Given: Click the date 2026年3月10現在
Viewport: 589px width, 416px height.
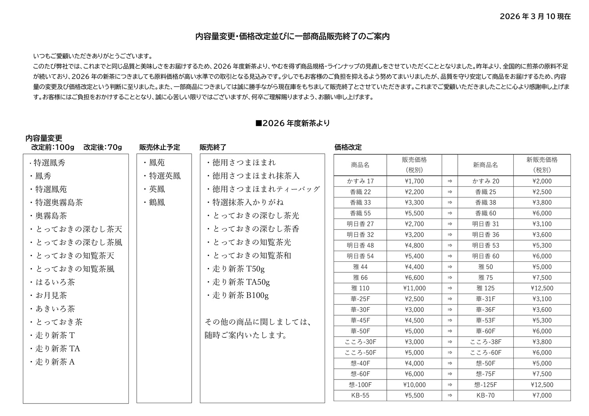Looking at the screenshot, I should coord(535,16).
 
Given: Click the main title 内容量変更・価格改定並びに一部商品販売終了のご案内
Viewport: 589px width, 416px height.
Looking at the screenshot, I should coord(293,36).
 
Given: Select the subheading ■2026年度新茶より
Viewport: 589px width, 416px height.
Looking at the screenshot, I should coord(293,123).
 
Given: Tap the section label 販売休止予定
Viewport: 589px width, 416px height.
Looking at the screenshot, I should coord(159,148).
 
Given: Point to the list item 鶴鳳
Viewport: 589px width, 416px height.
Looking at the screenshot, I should coord(157,203).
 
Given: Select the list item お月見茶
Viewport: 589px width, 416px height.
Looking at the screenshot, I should coord(51,296).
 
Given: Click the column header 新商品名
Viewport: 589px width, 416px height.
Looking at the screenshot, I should coord(485,165).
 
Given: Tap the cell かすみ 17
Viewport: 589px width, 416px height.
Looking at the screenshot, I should coord(360,181).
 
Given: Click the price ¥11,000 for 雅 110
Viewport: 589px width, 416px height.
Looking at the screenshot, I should coord(414,288).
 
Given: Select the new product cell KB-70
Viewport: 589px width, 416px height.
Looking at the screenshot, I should coord(485,395).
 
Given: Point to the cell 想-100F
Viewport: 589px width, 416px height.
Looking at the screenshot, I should coord(360,385).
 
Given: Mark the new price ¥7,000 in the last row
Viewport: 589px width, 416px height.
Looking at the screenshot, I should coord(542,395).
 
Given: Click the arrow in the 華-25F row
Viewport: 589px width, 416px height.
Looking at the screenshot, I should coord(450,299).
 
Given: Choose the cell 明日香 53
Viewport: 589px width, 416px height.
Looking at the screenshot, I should coord(485,245).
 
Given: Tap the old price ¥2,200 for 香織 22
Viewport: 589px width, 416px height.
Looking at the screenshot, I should coord(414,192).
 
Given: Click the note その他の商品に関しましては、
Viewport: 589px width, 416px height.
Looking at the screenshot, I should coord(258,322).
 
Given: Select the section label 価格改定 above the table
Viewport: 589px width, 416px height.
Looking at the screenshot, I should coord(348,148).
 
